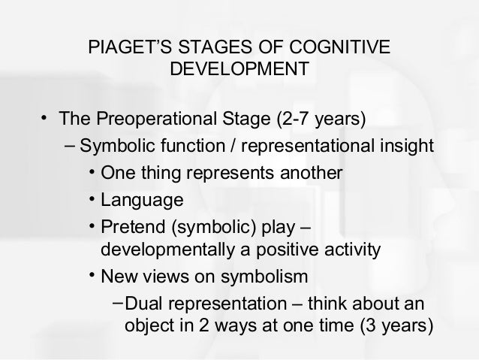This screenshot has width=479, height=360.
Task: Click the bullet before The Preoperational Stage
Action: coord(45,119)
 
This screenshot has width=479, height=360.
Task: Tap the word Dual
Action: coord(142,304)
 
